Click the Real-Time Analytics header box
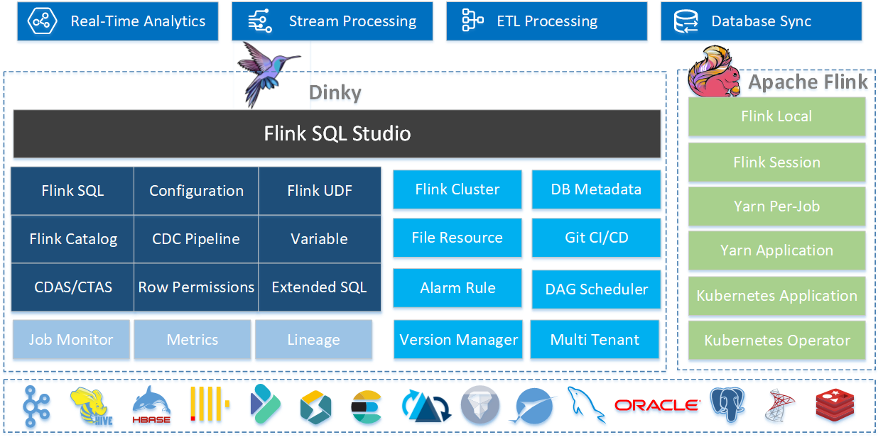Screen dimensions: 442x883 (x=117, y=21)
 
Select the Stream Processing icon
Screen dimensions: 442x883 (x=259, y=21)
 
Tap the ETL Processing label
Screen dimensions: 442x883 (x=547, y=21)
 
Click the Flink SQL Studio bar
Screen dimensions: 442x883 (x=337, y=133)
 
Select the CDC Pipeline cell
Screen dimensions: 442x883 (x=196, y=239)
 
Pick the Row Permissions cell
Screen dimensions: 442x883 (x=196, y=287)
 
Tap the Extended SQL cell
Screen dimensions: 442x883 (x=319, y=287)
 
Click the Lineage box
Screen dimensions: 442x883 (x=313, y=340)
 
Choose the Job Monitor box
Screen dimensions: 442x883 (x=71, y=340)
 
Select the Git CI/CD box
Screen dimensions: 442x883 (x=596, y=238)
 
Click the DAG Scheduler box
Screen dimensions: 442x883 (x=596, y=289)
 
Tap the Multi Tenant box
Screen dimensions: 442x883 (x=595, y=340)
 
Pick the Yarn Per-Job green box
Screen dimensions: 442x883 (x=776, y=206)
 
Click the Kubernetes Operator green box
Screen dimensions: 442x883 (x=776, y=341)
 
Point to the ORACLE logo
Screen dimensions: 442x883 (x=656, y=406)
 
